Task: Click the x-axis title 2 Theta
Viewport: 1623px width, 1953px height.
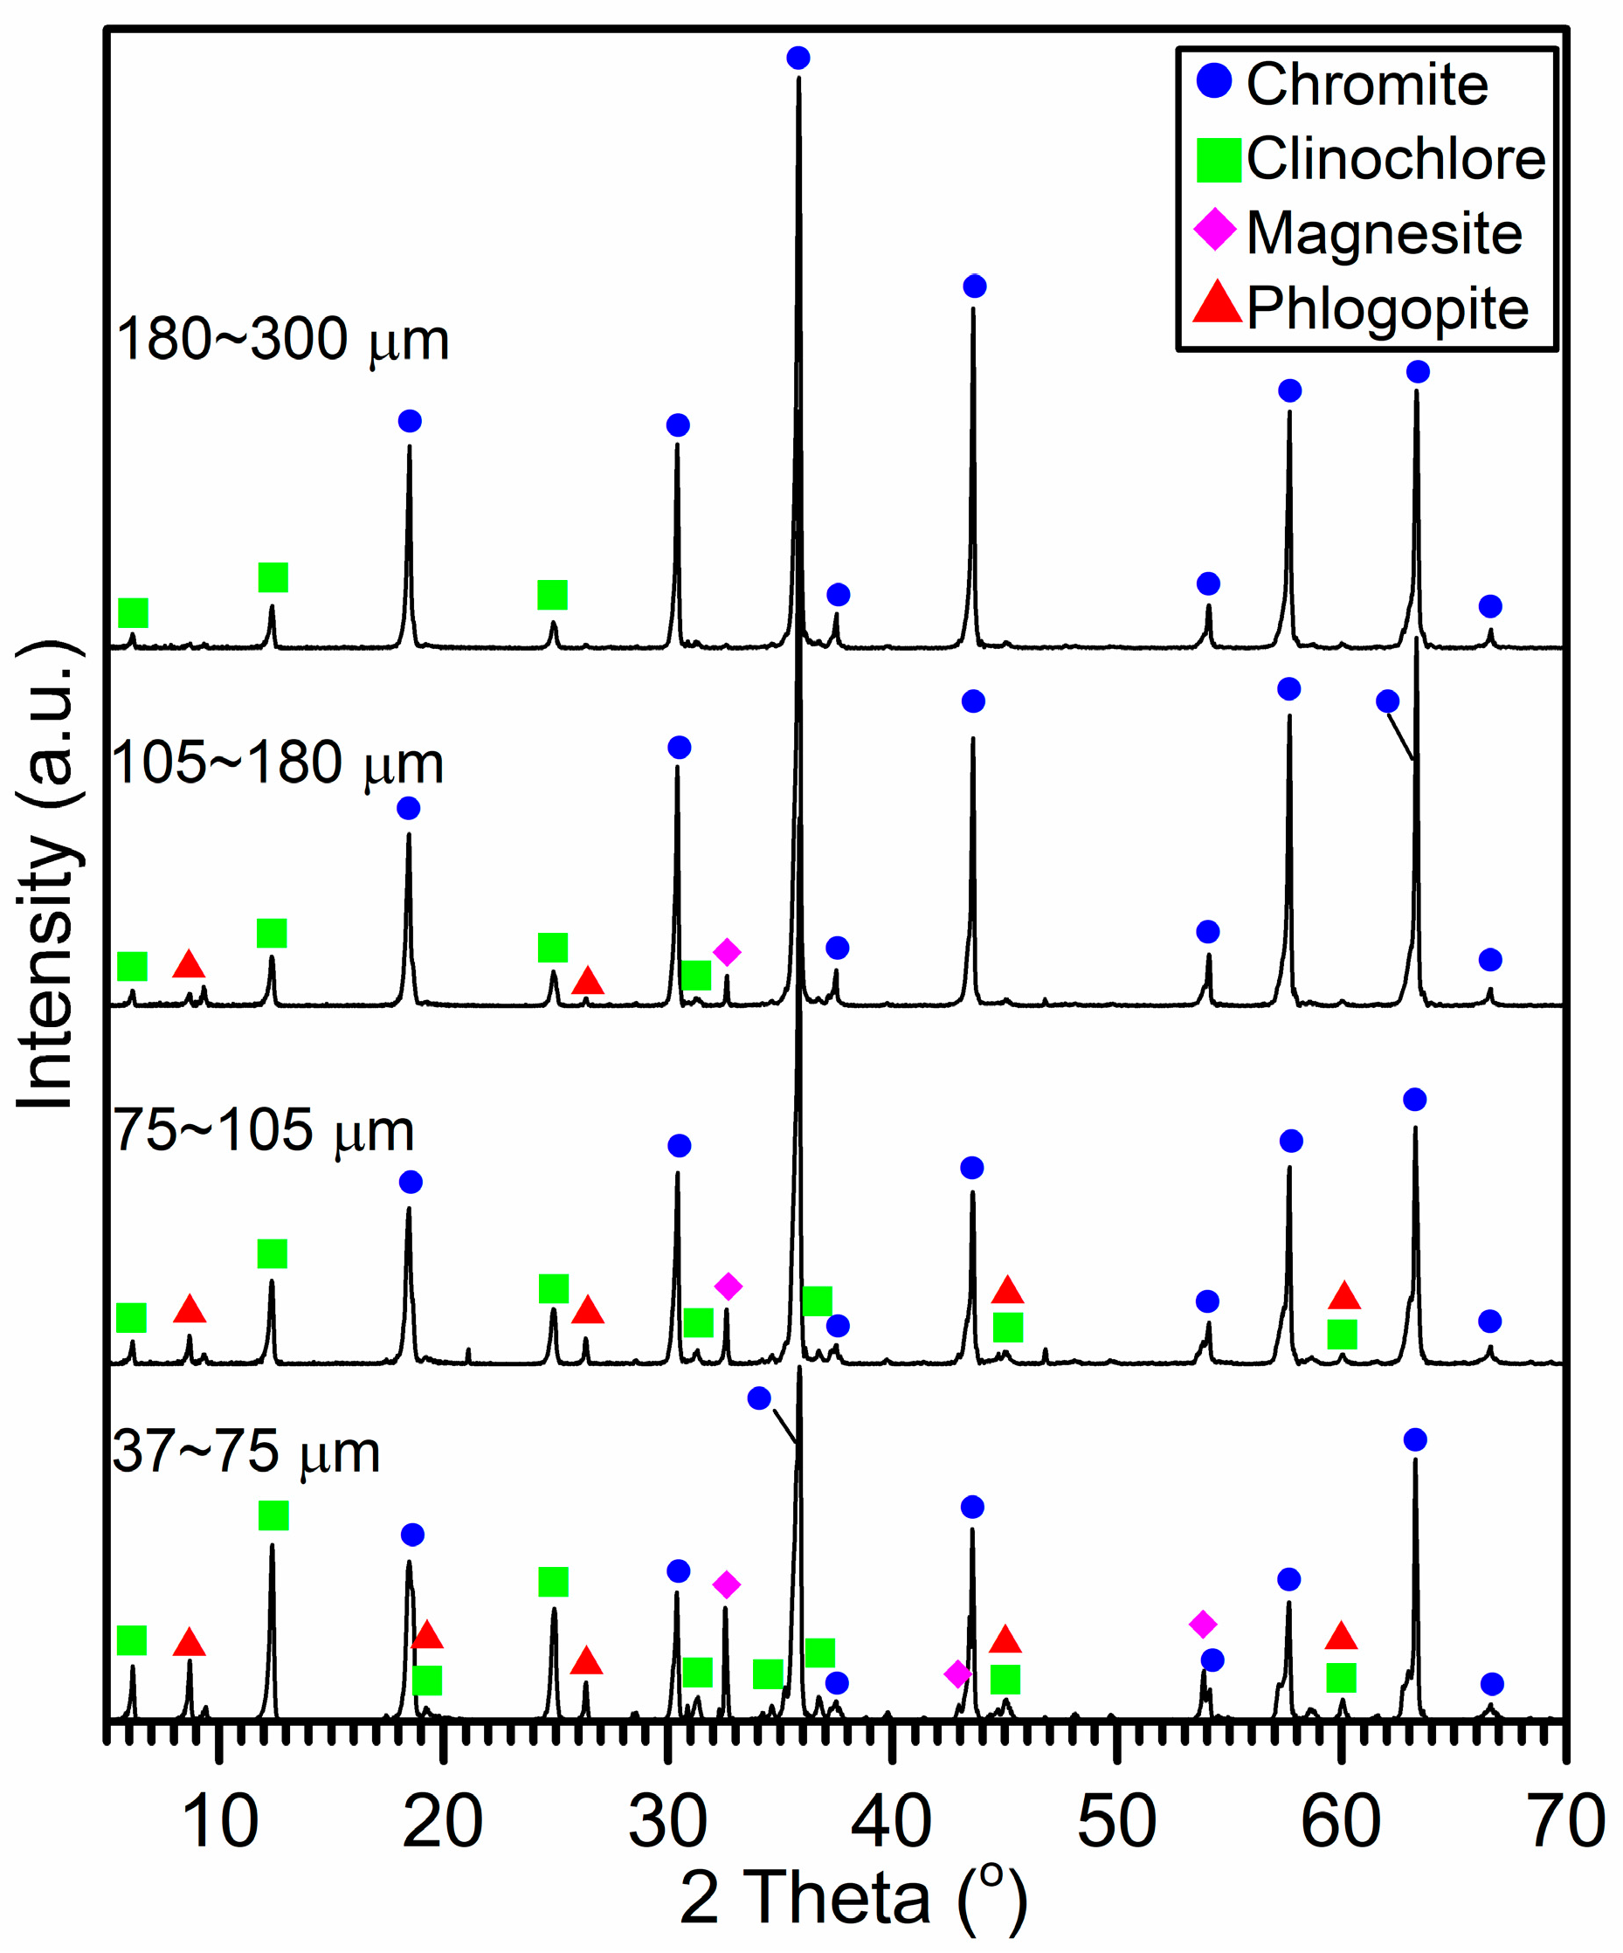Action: pos(853,1898)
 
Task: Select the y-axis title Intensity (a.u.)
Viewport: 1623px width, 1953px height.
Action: pos(46,875)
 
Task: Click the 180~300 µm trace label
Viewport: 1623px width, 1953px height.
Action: pos(283,340)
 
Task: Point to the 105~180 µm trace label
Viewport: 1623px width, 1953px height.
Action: pos(277,763)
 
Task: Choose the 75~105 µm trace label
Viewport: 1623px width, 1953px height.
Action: pos(263,1132)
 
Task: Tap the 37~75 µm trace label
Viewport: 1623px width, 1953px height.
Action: pos(246,1452)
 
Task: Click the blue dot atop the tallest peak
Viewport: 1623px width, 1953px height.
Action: pos(797,58)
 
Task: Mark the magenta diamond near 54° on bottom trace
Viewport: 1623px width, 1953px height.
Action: pos(1203,1625)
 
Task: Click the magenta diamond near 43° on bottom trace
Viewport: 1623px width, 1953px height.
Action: pos(957,1674)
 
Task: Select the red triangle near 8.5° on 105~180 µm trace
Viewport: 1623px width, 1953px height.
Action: pos(189,965)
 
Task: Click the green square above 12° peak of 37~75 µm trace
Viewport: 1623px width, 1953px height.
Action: pos(273,1515)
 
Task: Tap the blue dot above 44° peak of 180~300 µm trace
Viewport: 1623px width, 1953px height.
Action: pos(974,286)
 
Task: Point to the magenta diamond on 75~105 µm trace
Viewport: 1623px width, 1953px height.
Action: pos(728,1287)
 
